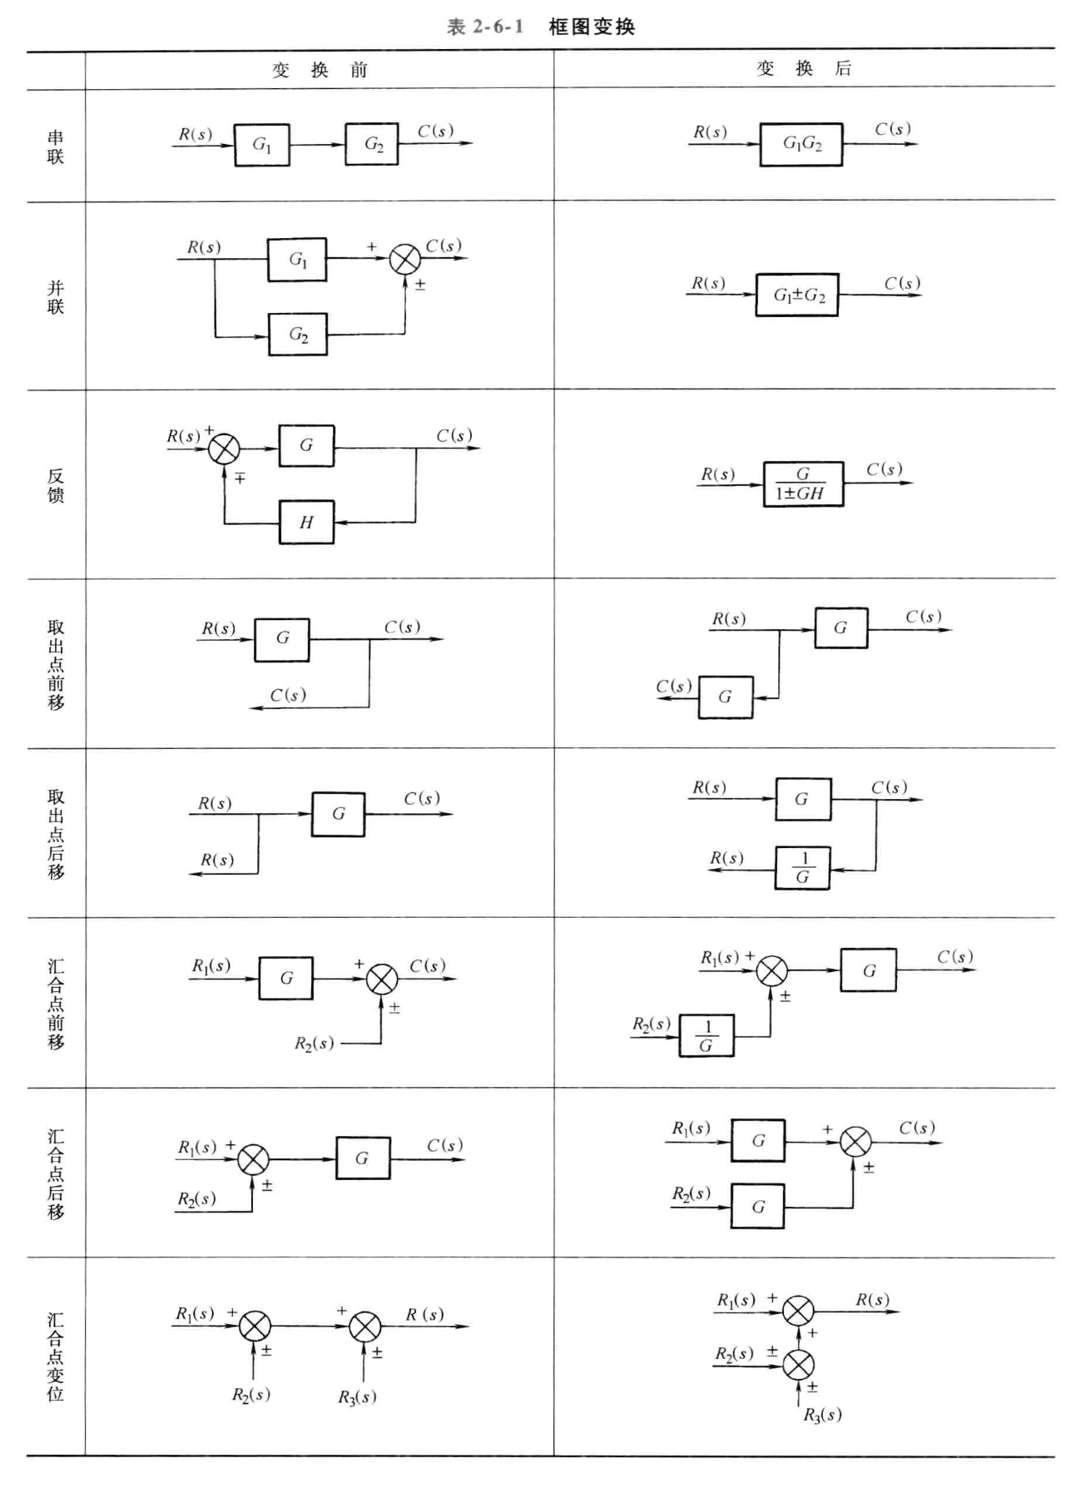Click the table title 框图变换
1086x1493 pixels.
coord(592,27)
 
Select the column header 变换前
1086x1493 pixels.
coord(320,70)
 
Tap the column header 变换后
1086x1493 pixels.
coord(804,68)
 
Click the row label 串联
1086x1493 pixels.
coord(56,146)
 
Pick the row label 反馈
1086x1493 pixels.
coord(56,485)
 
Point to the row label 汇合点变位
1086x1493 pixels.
coord(56,1357)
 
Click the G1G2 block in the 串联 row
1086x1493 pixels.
coord(801,145)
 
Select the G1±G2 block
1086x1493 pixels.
coord(797,295)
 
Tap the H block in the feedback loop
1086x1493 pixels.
coord(306,523)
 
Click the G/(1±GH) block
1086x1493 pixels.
coord(803,484)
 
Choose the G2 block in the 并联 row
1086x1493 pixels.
coord(298,335)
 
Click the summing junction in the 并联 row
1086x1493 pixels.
coord(405,260)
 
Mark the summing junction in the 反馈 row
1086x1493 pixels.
coord(224,449)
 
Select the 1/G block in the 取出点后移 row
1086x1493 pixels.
coord(802,868)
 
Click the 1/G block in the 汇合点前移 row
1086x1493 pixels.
coord(707,1036)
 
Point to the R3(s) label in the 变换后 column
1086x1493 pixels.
coord(822,1415)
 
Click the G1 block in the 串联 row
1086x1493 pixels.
coord(262,145)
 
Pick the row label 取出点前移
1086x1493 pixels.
coord(56,664)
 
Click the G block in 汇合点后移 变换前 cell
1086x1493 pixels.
coord(362,1158)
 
